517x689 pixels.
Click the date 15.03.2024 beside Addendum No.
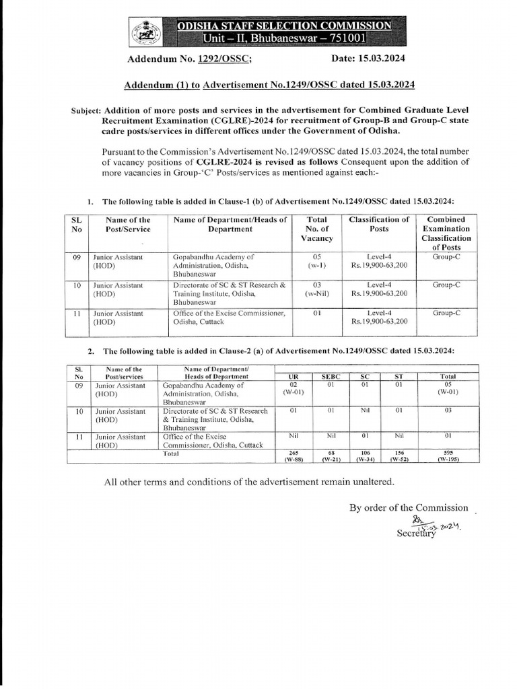(378, 59)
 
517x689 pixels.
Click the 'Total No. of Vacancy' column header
(316, 229)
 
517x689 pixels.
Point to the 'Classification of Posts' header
(378, 224)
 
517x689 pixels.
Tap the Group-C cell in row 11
(446, 313)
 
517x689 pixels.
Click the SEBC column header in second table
(330, 377)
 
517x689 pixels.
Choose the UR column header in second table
(293, 377)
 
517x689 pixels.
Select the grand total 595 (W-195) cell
(448, 456)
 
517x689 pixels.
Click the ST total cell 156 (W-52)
(399, 456)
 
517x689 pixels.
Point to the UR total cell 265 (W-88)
(293, 456)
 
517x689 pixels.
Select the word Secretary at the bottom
(417, 534)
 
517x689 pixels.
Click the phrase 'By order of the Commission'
(408, 507)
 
